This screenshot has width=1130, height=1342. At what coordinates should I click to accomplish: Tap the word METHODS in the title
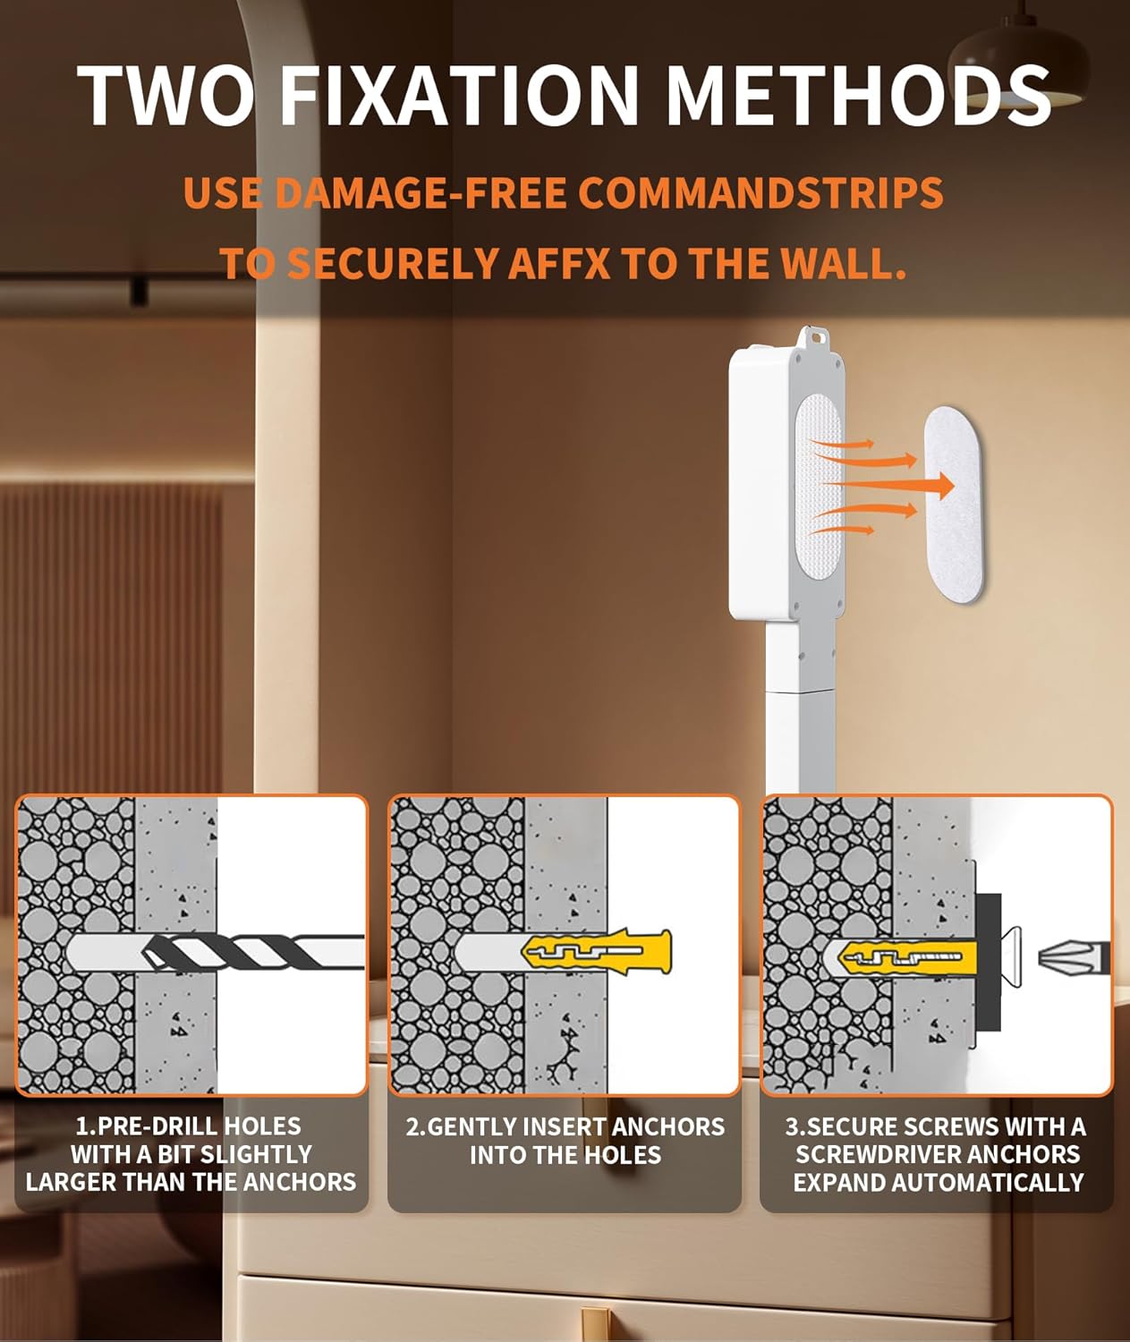click(858, 95)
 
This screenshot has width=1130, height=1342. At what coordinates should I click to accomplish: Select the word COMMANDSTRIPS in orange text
click(760, 193)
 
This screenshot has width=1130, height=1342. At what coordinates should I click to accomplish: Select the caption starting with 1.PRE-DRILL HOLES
click(191, 1154)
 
